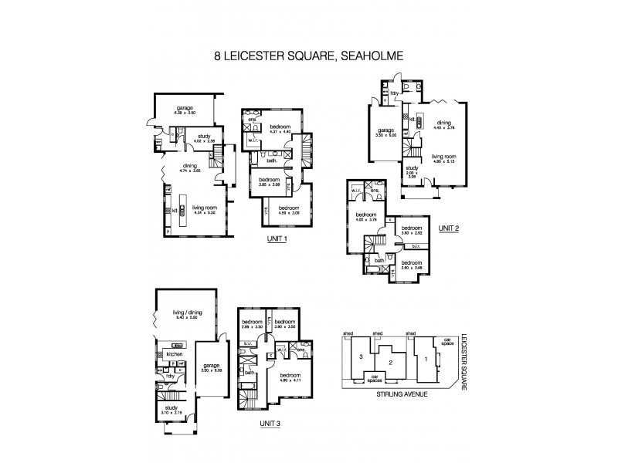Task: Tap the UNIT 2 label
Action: coord(448,228)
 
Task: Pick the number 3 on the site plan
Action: coord(360,357)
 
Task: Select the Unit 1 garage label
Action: coord(184,108)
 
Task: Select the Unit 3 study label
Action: coord(171,409)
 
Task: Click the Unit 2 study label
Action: coord(411,168)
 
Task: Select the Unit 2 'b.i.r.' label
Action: coord(416,248)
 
